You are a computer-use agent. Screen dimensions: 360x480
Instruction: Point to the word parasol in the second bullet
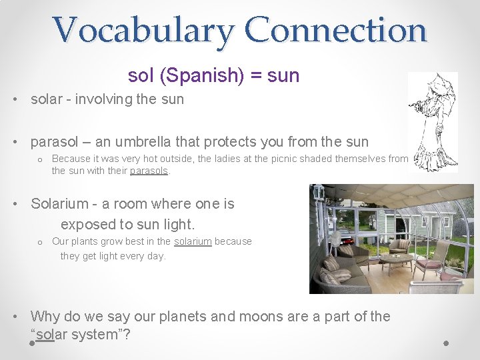54,141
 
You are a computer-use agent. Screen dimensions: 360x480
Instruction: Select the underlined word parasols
149,171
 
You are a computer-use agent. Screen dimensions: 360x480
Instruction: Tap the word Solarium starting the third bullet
59,204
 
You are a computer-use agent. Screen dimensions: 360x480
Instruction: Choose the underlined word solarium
193,241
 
